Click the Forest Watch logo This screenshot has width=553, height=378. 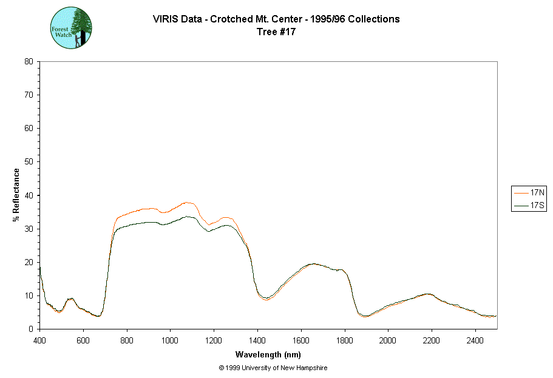pyautogui.click(x=72, y=29)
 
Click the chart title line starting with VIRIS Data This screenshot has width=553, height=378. pyautogui.click(x=276, y=19)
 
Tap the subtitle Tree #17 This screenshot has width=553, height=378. pyautogui.click(x=276, y=32)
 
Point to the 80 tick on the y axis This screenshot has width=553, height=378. pyautogui.click(x=28, y=61)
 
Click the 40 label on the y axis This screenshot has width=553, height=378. pyautogui.click(x=28, y=195)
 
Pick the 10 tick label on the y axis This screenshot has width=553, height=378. pyautogui.click(x=28, y=295)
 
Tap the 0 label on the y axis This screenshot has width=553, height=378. pyautogui.click(x=30, y=329)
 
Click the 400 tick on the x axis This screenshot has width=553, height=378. pyautogui.click(x=40, y=339)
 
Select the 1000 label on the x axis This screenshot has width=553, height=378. pyautogui.click(x=171, y=339)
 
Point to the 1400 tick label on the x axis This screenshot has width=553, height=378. pyautogui.click(x=257, y=339)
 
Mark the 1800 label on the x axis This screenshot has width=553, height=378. pyautogui.click(x=345, y=339)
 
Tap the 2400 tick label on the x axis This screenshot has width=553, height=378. pyautogui.click(x=475, y=339)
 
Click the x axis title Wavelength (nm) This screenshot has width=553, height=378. pyautogui.click(x=268, y=354)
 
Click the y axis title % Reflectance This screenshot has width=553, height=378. pyautogui.click(x=16, y=195)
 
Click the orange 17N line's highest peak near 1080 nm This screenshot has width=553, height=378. pyautogui.click(x=188, y=202)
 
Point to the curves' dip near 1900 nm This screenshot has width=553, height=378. pyautogui.click(x=365, y=316)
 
